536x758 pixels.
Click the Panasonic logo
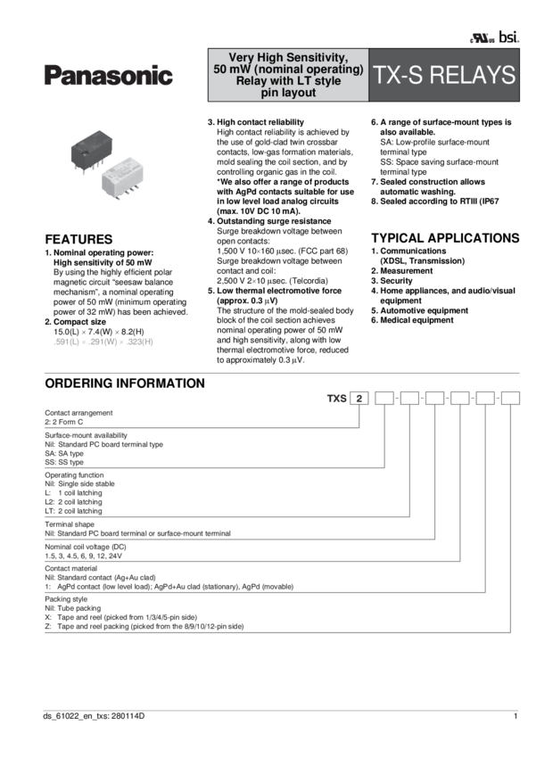click(108, 78)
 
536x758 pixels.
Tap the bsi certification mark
click(508, 37)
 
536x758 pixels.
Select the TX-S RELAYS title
click(444, 76)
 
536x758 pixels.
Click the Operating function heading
click(77, 474)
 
